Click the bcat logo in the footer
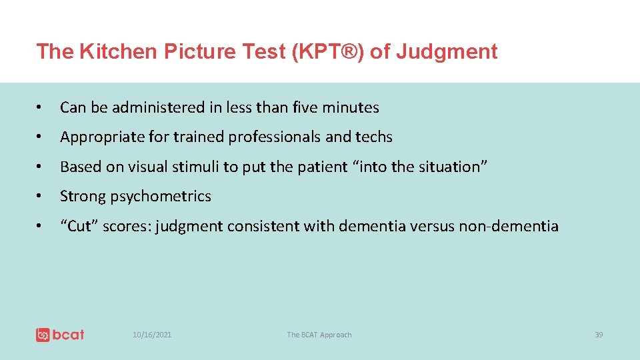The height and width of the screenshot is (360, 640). coord(60,335)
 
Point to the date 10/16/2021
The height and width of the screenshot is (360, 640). coord(152,335)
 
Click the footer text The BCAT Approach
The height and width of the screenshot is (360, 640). coord(319,335)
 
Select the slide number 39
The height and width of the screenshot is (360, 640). coord(598,335)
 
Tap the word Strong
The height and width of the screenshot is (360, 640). coord(81,196)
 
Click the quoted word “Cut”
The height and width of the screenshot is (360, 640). coord(79,226)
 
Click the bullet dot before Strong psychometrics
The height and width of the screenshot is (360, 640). coord(41,197)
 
